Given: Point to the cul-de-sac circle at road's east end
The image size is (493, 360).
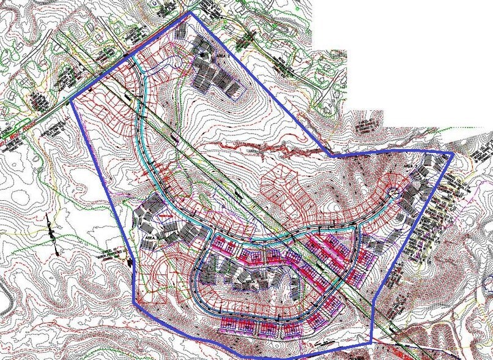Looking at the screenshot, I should (x=393, y=193).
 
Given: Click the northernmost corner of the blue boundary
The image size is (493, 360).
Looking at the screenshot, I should (x=192, y=12).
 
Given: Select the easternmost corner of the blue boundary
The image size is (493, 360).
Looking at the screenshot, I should (x=453, y=152).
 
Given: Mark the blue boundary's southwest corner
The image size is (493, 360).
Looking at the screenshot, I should (x=135, y=301).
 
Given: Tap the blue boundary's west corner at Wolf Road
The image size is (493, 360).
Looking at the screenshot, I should (x=72, y=100).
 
